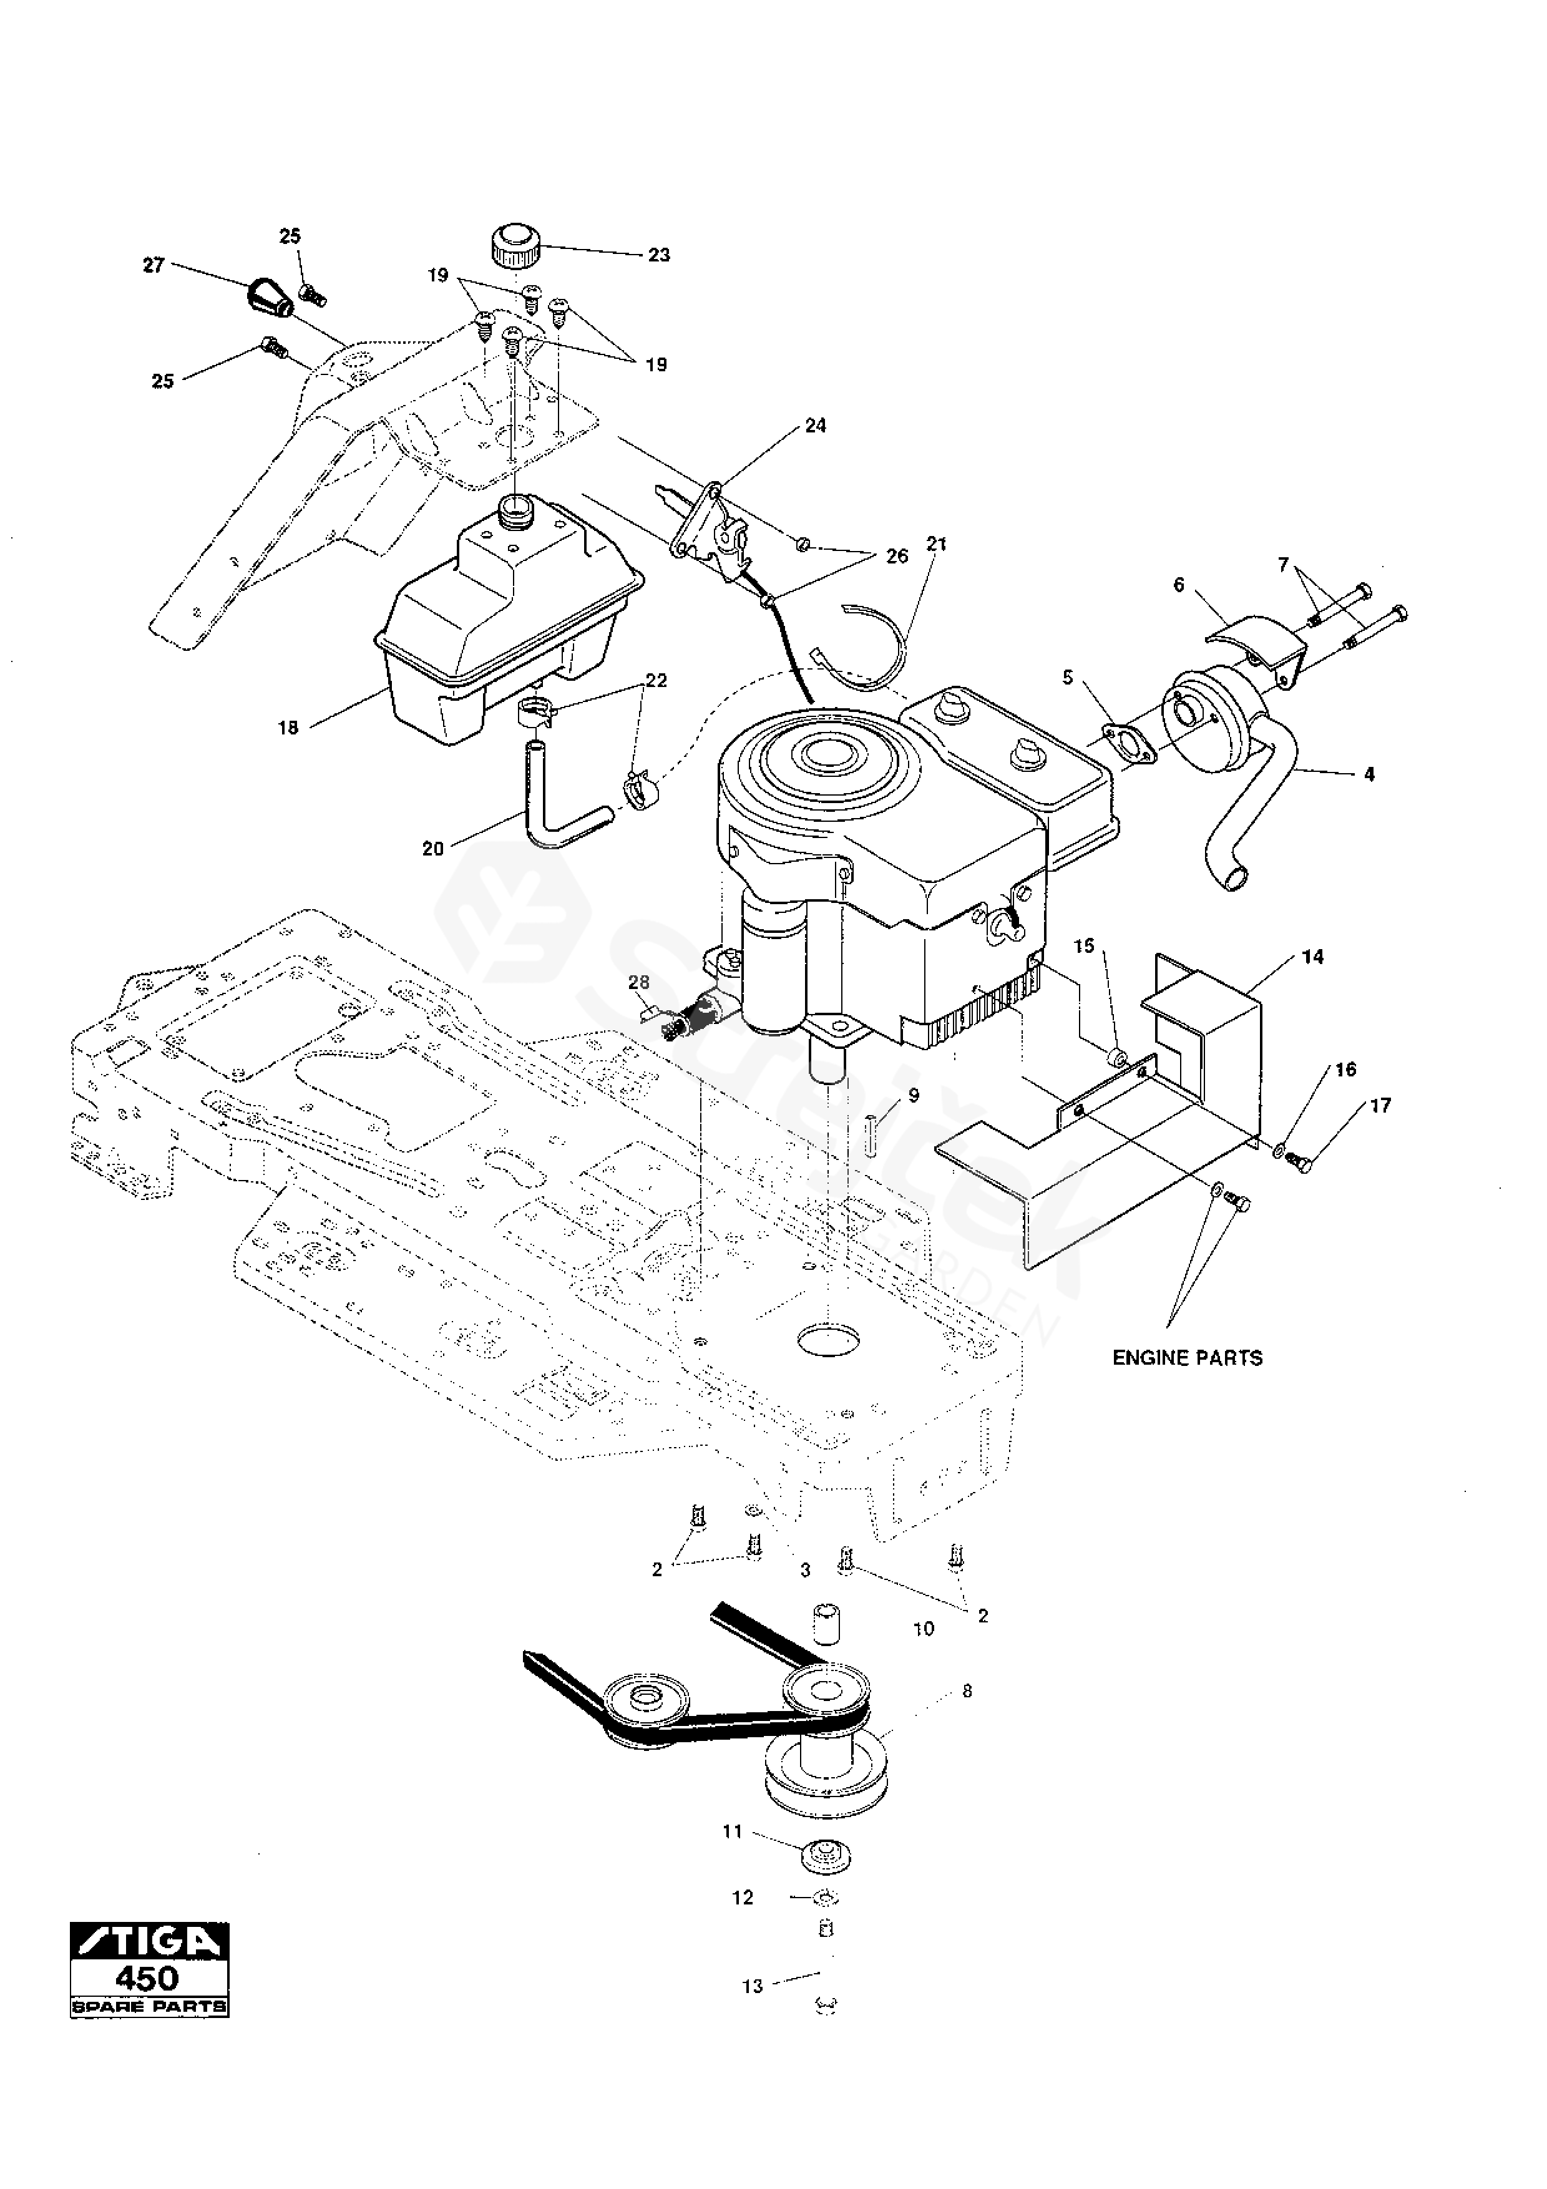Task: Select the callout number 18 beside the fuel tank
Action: [x=288, y=728]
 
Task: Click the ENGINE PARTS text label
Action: [x=1187, y=1358]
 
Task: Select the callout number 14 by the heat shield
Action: [x=1312, y=957]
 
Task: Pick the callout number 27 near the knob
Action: [x=154, y=266]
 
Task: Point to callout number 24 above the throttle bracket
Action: [x=815, y=426]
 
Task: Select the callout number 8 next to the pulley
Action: [x=967, y=1691]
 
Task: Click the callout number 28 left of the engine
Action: [x=638, y=982]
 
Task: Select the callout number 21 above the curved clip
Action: [x=936, y=544]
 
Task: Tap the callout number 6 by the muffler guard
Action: [x=1179, y=585]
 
